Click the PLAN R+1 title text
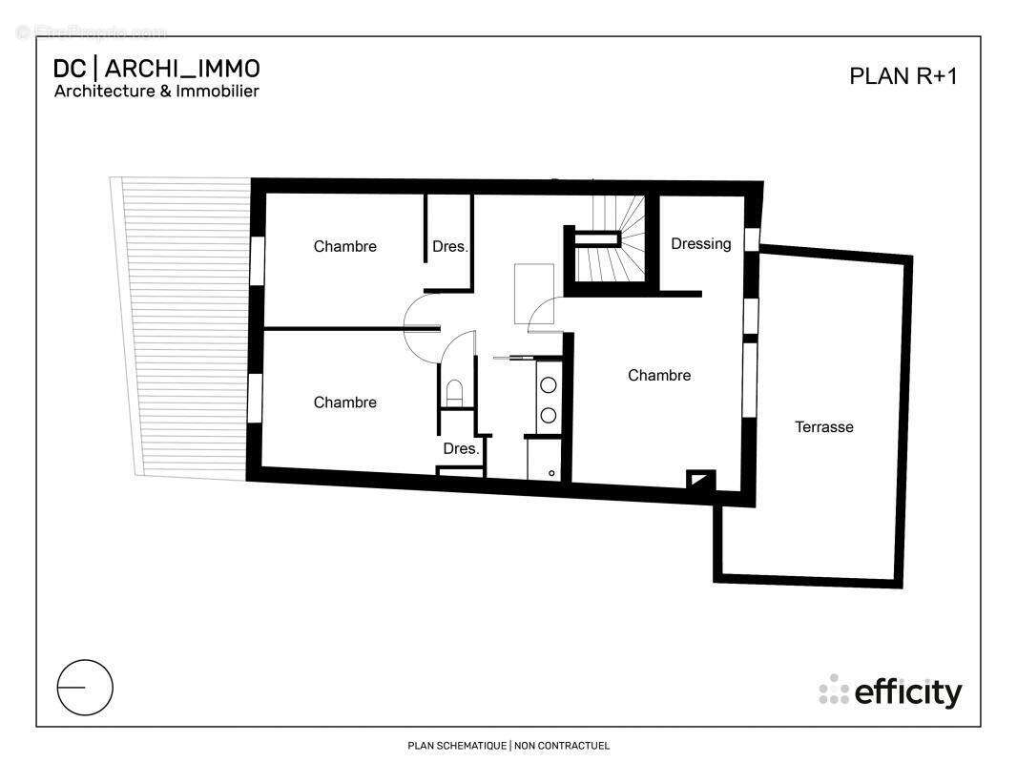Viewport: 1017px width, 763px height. [903, 76]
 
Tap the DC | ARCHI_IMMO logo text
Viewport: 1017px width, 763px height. [156, 69]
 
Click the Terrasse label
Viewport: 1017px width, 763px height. [824, 427]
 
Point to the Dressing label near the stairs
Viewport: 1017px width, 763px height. [701, 244]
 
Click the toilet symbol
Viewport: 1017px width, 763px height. [454, 391]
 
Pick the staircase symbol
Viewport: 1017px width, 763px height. [612, 238]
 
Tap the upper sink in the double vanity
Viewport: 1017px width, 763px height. [549, 385]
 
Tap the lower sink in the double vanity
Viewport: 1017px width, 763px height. [549, 416]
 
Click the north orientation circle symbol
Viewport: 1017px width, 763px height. [85, 687]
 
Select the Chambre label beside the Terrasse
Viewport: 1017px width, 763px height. [659, 376]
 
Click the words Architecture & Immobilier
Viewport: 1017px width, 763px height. [156, 92]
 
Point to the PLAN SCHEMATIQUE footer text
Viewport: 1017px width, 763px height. [457, 746]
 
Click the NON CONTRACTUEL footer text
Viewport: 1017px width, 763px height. [562, 746]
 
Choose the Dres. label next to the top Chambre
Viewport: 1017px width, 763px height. [450, 247]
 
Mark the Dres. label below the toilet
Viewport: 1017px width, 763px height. [461, 448]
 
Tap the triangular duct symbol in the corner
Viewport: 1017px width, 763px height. [701, 480]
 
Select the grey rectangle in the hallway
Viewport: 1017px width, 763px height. [528, 293]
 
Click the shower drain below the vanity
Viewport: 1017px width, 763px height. [551, 473]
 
